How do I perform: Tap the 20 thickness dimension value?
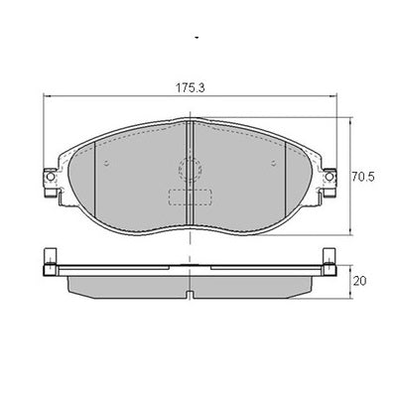361,281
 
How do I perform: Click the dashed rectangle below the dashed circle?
188,196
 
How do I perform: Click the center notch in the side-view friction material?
189,292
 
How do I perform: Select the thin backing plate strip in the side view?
189,269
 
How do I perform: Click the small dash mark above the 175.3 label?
198,37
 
